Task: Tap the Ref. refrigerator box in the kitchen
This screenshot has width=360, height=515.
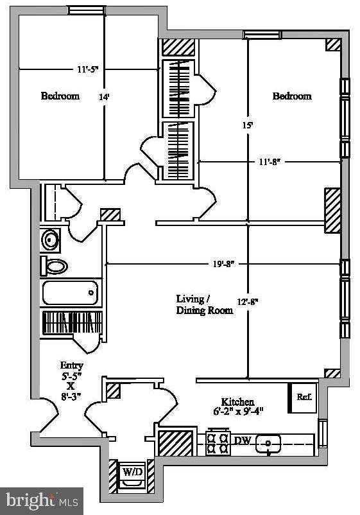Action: pos(304,397)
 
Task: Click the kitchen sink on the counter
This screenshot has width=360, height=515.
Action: pos(268,443)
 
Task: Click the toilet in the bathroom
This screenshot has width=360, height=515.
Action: pos(54,266)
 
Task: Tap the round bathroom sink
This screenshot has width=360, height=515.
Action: pos(51,241)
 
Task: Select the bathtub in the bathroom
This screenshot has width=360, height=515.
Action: pos(71,293)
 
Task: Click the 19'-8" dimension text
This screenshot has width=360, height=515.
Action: pos(221,263)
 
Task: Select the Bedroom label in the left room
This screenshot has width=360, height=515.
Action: pos(60,96)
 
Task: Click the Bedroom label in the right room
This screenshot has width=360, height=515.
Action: pos(292,96)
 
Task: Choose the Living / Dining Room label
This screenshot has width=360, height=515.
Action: pos(205,305)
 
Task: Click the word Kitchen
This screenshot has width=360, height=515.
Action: pos(237,401)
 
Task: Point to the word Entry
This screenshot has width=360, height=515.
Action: pos(72,365)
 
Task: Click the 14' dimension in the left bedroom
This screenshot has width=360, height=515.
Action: pos(104,98)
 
